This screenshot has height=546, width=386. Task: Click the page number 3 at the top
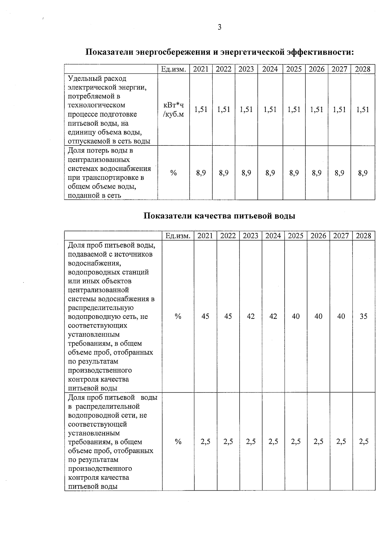click(219, 27)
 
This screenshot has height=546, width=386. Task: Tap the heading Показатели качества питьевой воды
click(219, 216)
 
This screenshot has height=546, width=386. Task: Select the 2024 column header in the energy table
click(270, 69)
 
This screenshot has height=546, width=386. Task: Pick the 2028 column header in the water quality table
click(363, 236)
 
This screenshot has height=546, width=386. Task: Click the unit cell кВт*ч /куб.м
click(173, 110)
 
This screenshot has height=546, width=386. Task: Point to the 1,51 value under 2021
click(201, 109)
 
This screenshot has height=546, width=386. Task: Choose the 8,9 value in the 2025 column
click(294, 173)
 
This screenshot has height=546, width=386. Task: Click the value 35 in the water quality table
click(363, 316)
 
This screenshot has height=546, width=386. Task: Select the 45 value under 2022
click(228, 316)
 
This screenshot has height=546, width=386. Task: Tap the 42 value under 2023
click(251, 316)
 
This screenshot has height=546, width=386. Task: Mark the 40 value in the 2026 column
click(318, 316)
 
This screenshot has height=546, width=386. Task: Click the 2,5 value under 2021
click(205, 441)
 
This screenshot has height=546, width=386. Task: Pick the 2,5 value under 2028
click(363, 441)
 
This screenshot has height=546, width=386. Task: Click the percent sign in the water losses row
click(173, 173)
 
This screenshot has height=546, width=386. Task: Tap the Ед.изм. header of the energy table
click(173, 69)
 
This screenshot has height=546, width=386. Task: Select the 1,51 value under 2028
click(363, 109)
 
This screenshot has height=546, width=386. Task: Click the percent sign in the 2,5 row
click(178, 441)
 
